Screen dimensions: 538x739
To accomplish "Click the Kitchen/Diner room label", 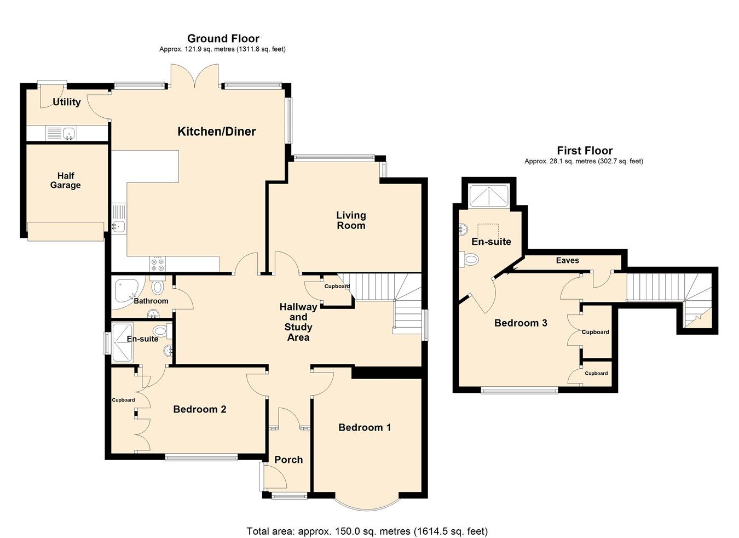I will coord(217,131).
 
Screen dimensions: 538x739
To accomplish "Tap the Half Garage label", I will coord(66,180).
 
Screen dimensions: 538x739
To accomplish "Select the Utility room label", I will coord(67,102).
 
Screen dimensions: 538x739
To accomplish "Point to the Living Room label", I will coord(351,220).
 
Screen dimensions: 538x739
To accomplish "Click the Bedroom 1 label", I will coord(365,427).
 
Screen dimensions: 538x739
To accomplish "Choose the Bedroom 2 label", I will coord(199,409).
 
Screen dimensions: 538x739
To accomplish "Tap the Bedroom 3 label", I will coord(521,323).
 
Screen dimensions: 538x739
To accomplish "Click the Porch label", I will coord(288,460).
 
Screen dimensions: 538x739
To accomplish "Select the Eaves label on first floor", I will coord(567,260).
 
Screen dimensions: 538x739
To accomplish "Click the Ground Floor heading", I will coord(223,38).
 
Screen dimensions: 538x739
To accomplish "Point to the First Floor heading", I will coord(585,151).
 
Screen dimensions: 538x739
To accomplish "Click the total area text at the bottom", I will coord(367,531).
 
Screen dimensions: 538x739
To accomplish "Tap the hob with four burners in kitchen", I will coord(158,265).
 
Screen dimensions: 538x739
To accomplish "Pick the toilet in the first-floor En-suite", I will coord(470,259).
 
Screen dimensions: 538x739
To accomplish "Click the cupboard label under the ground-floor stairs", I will coord(337,287).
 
